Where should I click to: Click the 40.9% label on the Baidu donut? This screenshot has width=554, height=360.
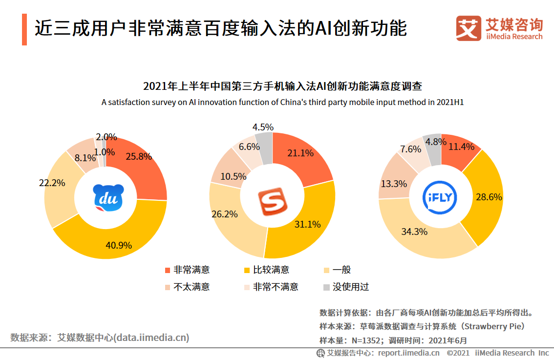119,245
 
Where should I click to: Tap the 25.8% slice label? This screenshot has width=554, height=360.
139,157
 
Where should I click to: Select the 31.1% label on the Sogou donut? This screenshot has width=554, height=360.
308,224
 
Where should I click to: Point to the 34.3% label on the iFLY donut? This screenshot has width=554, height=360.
414,231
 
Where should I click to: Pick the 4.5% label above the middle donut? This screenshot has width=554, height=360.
263,127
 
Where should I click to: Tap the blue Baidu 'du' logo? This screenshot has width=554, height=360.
106,198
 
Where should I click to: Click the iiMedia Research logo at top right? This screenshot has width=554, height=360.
499,29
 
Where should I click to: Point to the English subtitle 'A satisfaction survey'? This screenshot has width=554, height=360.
282,103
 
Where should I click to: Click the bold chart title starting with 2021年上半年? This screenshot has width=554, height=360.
282,87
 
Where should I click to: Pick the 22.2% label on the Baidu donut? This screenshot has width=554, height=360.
52,182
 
